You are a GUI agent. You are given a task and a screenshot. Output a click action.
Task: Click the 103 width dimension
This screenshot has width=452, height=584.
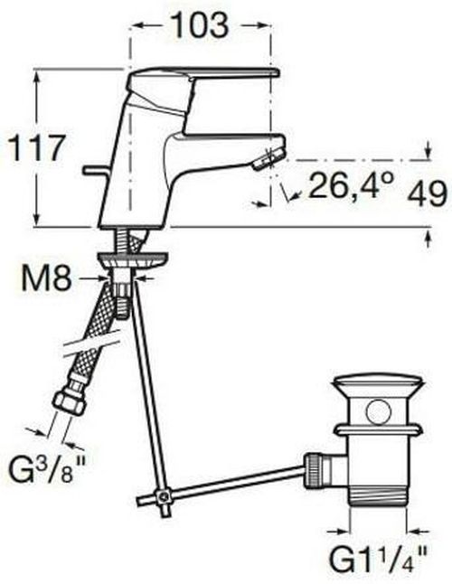pos(200,25)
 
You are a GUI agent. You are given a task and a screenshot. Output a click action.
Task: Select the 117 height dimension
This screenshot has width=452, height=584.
pos(37,148)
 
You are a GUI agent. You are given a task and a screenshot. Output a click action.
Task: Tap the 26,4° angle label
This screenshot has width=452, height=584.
pos(351,184)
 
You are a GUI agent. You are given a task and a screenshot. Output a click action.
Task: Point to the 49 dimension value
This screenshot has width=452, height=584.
pos(427,193)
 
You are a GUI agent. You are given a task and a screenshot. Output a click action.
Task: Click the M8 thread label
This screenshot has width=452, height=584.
pos(46,278)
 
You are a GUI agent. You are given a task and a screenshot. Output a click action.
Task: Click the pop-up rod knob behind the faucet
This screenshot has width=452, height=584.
pos(97,170)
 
